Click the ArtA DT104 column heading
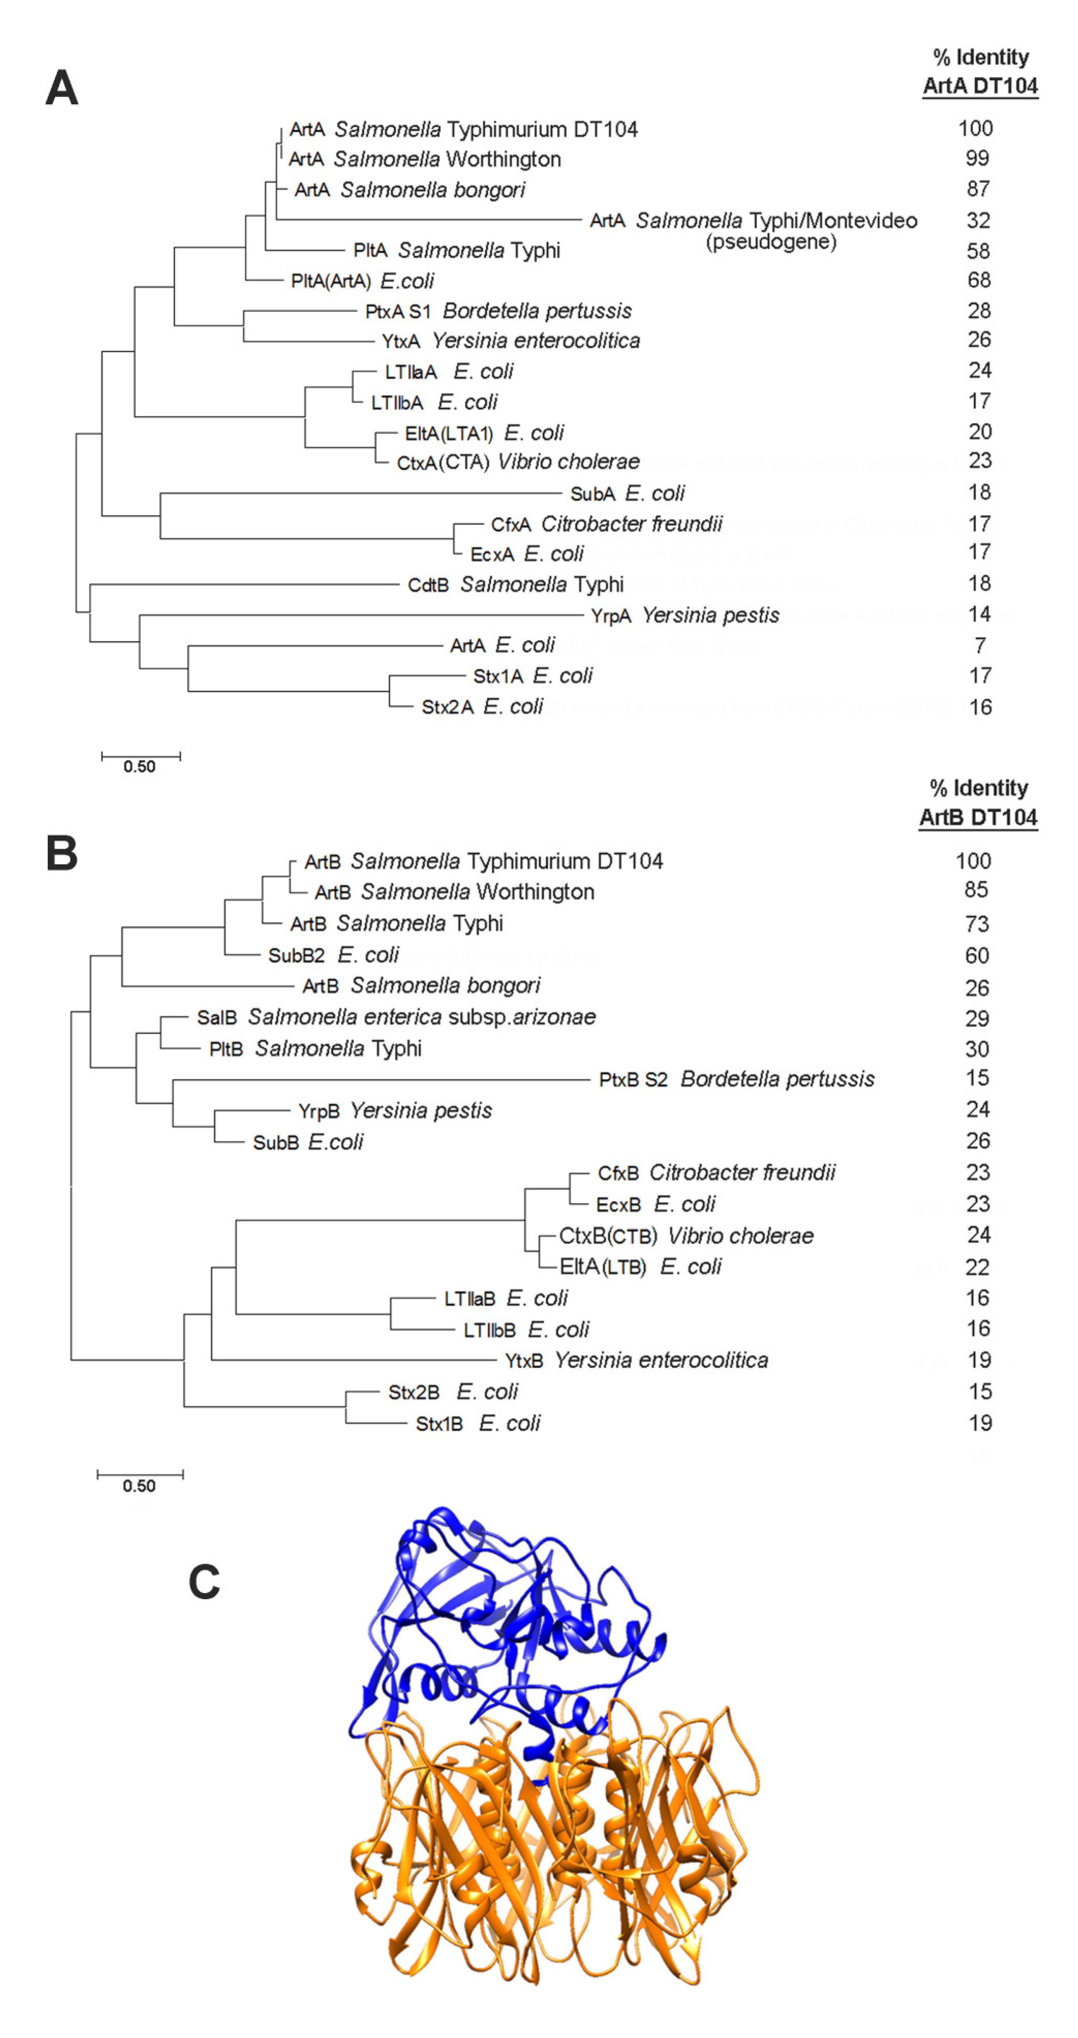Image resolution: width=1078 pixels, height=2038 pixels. point(980,85)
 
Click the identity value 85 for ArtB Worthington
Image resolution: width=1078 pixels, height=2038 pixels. point(976,890)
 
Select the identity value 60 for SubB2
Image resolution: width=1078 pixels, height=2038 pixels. point(977,956)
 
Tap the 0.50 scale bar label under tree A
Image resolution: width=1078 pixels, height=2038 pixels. point(139,766)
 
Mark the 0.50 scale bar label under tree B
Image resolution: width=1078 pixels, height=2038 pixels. point(139,1486)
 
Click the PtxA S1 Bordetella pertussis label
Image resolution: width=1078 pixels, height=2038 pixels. point(498,311)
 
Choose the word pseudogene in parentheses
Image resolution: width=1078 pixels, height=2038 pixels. point(771,241)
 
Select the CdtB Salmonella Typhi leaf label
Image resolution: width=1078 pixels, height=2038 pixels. point(516,585)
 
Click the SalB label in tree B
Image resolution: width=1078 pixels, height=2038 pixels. point(216,1018)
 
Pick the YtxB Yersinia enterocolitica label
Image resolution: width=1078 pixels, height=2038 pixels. point(636,1360)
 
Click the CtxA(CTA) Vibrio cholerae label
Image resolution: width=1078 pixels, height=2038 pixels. point(518,462)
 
